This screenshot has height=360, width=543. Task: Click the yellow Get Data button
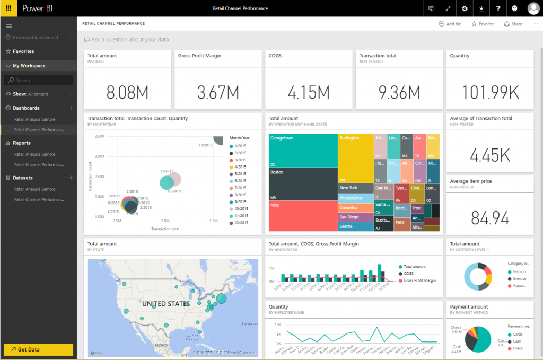[38, 349]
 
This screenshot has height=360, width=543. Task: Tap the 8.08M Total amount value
[127, 92]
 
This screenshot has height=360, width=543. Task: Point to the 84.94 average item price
[489, 218]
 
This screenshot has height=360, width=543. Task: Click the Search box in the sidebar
[38, 80]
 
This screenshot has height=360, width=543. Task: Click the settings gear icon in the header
[465, 8]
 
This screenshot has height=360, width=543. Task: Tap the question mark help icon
[498, 8]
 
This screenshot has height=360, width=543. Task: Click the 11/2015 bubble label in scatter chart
[167, 171]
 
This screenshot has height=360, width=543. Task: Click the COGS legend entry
[408, 274]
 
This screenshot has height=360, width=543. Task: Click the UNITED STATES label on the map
[165, 304]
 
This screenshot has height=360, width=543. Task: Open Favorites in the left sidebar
[23, 51]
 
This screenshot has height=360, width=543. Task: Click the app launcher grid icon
[8, 8]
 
